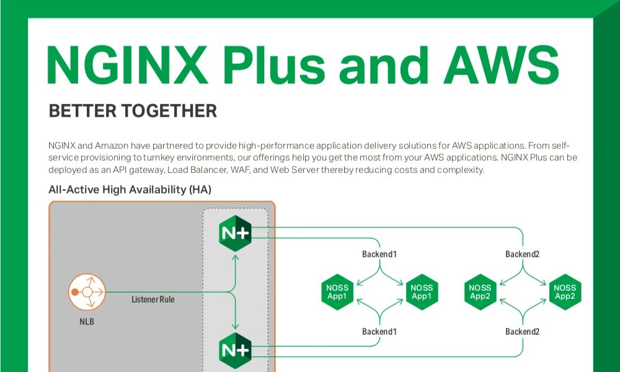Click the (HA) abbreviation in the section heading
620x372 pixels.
[x=200, y=190]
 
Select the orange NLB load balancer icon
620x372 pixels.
[x=87, y=291]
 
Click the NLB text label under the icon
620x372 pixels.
[x=86, y=322]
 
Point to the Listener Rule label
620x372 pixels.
[x=153, y=299]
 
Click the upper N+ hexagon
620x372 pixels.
[x=235, y=233]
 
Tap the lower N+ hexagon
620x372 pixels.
[x=235, y=350]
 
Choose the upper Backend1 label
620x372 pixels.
[x=379, y=254]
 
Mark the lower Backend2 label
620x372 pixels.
[x=522, y=332]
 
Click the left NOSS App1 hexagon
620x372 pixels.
[x=337, y=291]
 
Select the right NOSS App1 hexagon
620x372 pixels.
[x=422, y=291]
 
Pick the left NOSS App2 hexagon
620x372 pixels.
[x=480, y=291]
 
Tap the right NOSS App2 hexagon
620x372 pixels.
[x=564, y=291]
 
